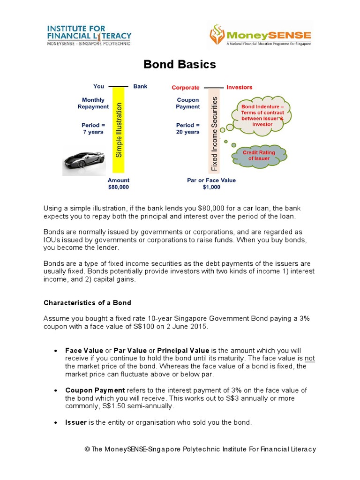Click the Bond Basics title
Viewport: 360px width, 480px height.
[x=180, y=65]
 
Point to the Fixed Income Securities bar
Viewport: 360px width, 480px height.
[x=215, y=133]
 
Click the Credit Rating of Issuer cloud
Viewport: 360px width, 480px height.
[x=259, y=156]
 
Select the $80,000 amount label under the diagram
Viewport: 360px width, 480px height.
[x=118, y=187]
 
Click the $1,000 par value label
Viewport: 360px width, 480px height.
[x=211, y=187]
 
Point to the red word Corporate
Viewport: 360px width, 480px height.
[x=186, y=88]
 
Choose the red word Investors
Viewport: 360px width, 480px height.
[x=239, y=87]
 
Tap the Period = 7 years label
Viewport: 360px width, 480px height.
[x=93, y=128]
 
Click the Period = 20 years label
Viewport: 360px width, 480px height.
[x=187, y=128]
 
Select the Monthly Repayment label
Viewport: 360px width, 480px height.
[x=93, y=103]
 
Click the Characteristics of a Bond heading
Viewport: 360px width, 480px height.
[x=87, y=302]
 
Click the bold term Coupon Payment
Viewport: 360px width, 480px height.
[x=95, y=390]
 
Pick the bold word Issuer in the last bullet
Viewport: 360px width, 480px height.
[x=76, y=422]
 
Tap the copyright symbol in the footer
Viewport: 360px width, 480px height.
[x=87, y=450]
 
